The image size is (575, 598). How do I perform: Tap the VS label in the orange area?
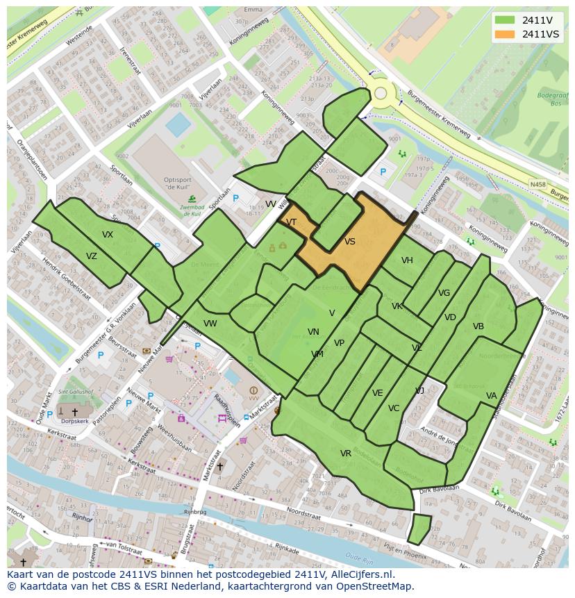pyautogui.click(x=350, y=242)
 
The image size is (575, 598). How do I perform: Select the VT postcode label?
pyautogui.click(x=292, y=222)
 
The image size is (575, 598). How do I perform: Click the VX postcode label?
pyautogui.click(x=108, y=235)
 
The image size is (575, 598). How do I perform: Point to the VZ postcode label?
pyautogui.click(x=92, y=256)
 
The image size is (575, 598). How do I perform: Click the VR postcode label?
pyautogui.click(x=346, y=454)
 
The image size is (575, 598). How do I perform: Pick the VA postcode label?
pyautogui.click(x=492, y=396)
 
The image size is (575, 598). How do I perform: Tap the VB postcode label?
pyautogui.click(x=478, y=326)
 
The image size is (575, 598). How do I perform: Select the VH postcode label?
pyautogui.click(x=407, y=260)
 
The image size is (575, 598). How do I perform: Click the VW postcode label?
pyautogui.click(x=210, y=324)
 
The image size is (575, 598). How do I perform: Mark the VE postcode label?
pyautogui.click(x=378, y=393)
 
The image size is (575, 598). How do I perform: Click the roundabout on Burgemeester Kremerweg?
pyautogui.click(x=381, y=93)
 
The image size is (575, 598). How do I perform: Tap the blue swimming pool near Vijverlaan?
pyautogui.click(x=178, y=125)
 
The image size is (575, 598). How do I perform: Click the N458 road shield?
pyautogui.click(x=537, y=184)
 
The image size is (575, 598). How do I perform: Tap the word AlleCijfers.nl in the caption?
pyautogui.click(x=360, y=575)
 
